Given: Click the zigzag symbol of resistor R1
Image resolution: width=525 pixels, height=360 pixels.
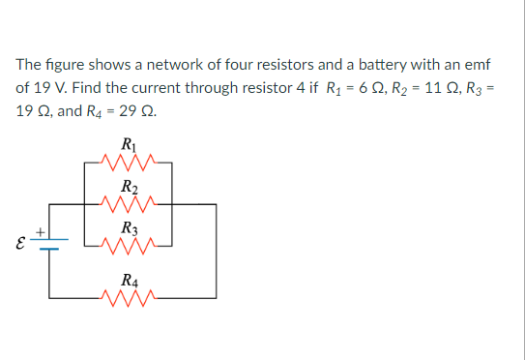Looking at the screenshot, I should pos(128,163).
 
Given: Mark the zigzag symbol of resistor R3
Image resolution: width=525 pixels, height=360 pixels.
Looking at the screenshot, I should pos(128,245).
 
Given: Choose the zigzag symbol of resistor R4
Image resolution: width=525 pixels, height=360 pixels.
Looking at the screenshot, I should pos(128,296).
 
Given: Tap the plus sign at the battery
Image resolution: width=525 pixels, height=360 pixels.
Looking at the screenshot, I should pos(41,230).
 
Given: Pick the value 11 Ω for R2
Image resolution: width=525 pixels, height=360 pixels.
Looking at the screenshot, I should pos(422,87).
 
